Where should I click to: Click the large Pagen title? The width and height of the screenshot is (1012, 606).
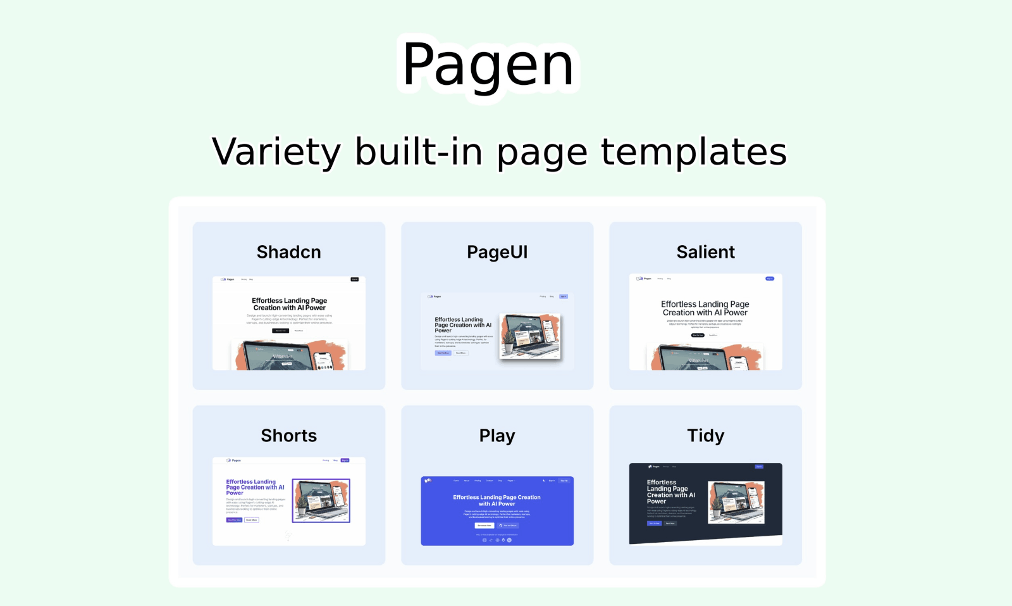pyautogui.click(x=488, y=65)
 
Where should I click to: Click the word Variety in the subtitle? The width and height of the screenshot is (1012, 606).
pyautogui.click(x=276, y=152)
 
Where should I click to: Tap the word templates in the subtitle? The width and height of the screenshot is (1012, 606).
pyautogui.click(x=693, y=152)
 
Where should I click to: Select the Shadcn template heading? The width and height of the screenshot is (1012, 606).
pyautogui.click(x=288, y=252)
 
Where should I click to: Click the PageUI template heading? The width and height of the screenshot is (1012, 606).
pyautogui.click(x=497, y=252)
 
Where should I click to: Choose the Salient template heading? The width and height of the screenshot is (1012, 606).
pyautogui.click(x=705, y=252)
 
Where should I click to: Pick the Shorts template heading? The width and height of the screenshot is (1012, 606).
pyautogui.click(x=288, y=436)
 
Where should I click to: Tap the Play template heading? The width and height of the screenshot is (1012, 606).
pyautogui.click(x=497, y=436)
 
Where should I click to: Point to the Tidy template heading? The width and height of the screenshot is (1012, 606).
pyautogui.click(x=705, y=436)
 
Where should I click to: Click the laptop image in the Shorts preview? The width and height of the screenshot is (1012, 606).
pyautogui.click(x=321, y=500)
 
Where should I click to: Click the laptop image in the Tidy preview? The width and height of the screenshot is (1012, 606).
pyautogui.click(x=736, y=502)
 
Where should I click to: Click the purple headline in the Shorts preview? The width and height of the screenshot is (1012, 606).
pyautogui.click(x=255, y=487)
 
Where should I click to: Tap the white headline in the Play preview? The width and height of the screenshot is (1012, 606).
pyautogui.click(x=497, y=500)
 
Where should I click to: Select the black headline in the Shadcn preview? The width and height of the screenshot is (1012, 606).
pyautogui.click(x=289, y=304)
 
